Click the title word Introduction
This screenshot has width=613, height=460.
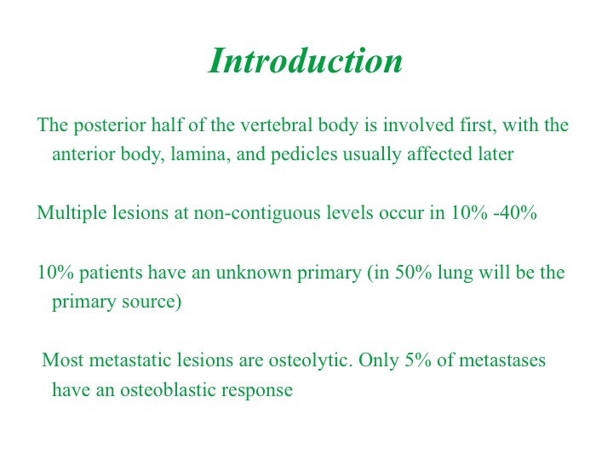(x=306, y=60)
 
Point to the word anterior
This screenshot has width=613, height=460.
(x=83, y=154)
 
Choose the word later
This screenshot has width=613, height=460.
(x=496, y=153)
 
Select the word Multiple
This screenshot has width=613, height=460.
(x=72, y=214)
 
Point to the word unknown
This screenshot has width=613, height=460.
(x=254, y=273)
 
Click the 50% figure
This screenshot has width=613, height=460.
(x=413, y=273)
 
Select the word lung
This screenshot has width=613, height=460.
(x=455, y=273)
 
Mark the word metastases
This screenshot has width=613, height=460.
(x=502, y=360)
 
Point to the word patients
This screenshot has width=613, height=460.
(x=111, y=273)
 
